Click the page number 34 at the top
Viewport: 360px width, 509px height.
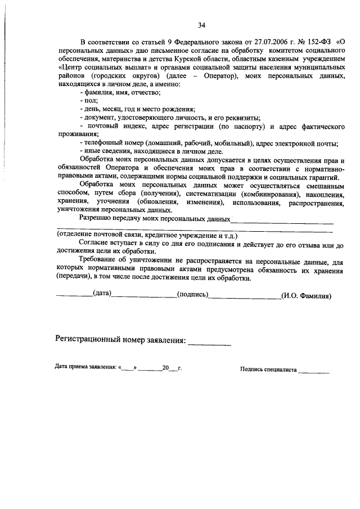click(x=201, y=25)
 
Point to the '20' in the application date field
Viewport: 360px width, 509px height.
click(x=165, y=369)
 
